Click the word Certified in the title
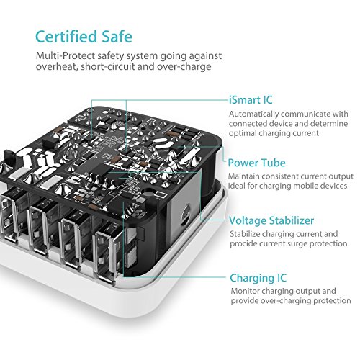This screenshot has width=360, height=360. coord(66,36)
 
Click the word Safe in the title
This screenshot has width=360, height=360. coord(117,36)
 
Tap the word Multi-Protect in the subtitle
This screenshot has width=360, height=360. coord(66,56)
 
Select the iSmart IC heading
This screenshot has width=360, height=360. coord(251,100)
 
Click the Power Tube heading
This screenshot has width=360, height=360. coord(256,163)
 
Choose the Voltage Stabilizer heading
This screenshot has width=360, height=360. coord(271,220)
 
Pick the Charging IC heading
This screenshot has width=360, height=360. coord(258,278)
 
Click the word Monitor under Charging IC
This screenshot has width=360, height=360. coord(245,291)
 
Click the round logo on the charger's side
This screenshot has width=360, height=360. coord(186,213)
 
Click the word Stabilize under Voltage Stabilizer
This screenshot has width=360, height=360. coord(245,234)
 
